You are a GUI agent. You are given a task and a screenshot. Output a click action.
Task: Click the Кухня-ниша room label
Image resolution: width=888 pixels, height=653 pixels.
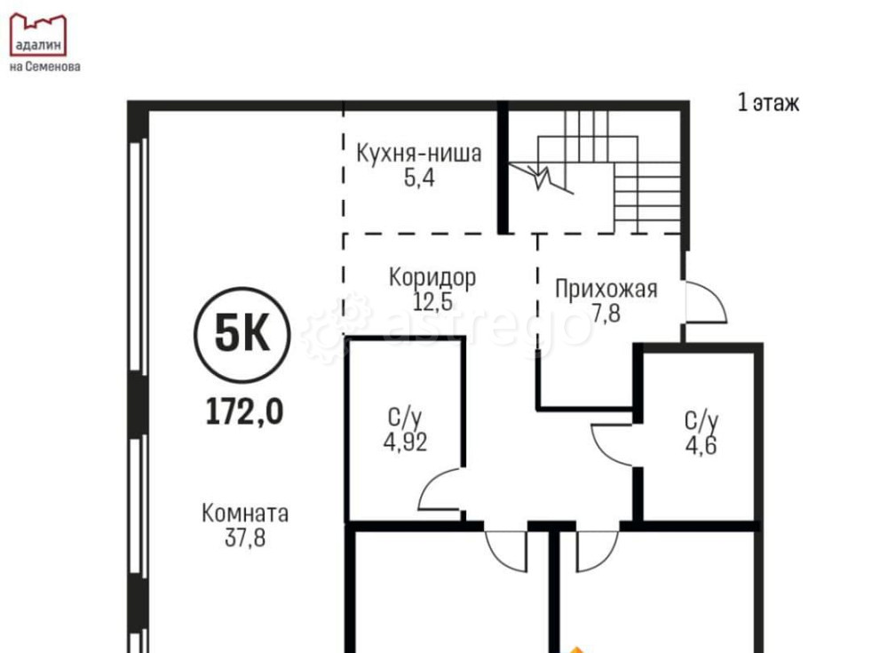419,154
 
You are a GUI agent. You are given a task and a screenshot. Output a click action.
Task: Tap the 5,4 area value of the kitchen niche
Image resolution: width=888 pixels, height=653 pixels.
419,178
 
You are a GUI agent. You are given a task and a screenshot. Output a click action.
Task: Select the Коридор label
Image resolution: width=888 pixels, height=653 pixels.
432,277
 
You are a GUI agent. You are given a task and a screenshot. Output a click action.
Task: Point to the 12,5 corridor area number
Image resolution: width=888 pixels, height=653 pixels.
432,300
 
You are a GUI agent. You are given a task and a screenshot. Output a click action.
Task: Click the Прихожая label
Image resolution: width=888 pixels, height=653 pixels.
606,289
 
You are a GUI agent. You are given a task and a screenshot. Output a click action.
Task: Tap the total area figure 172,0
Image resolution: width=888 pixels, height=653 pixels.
244,411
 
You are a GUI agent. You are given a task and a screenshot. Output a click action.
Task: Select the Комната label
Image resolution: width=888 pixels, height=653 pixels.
245,514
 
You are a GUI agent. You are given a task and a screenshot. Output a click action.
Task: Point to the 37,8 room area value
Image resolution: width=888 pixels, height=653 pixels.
245,537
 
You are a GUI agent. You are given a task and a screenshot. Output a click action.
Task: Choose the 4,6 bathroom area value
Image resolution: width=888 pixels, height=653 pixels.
701,443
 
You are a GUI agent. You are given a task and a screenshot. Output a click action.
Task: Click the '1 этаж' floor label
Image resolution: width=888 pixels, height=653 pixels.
768,103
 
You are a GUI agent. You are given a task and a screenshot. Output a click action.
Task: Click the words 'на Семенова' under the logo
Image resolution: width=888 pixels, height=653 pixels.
44,66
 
